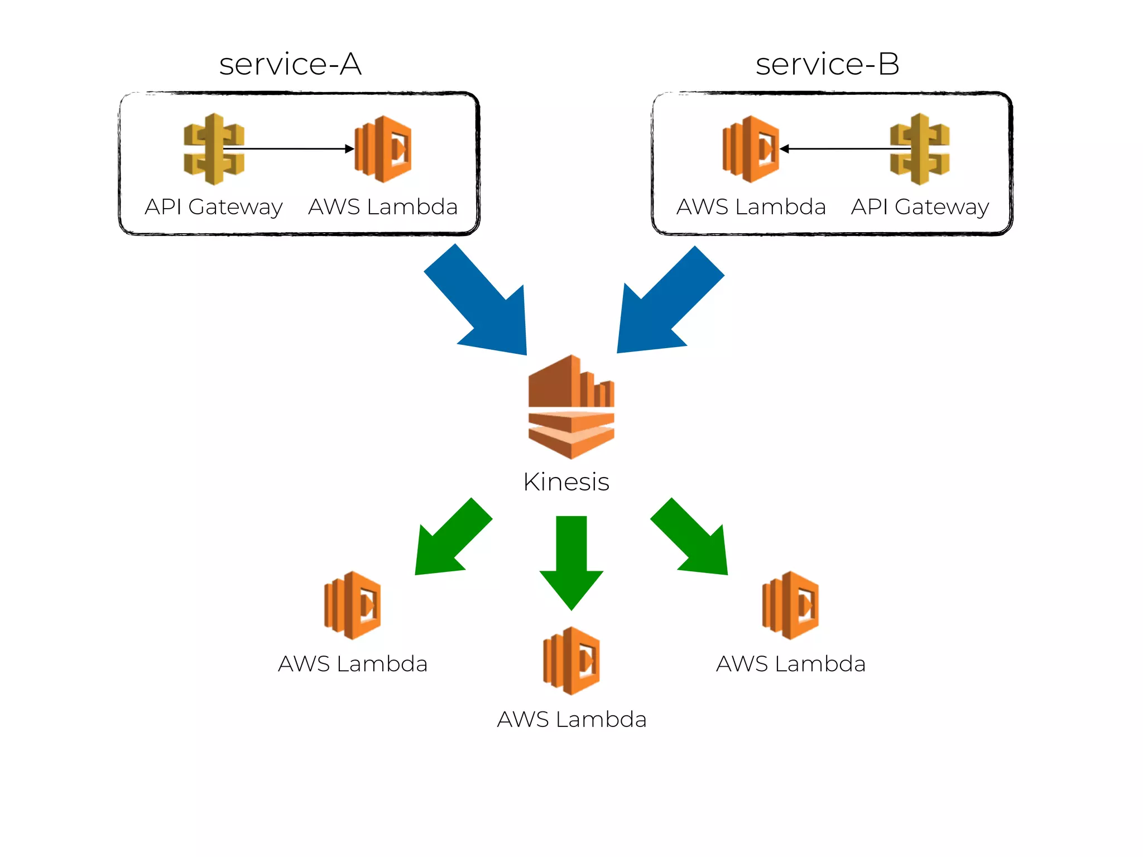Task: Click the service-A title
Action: click(x=290, y=64)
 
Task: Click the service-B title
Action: click(x=827, y=64)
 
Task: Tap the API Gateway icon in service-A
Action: click(x=214, y=149)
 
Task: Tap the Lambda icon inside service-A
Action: click(x=383, y=149)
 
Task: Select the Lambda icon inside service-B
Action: click(x=751, y=149)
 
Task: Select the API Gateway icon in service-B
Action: click(x=920, y=149)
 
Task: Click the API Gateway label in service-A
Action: click(x=214, y=207)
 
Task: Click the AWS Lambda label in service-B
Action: click(x=751, y=207)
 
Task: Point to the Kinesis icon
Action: click(x=571, y=407)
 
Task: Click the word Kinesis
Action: click(x=566, y=482)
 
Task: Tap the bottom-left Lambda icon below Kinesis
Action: click(x=353, y=605)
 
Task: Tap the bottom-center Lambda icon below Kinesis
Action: click(x=571, y=661)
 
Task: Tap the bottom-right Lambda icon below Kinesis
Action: click(x=790, y=605)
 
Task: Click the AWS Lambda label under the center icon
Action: click(x=571, y=720)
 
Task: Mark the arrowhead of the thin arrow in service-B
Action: click(x=784, y=149)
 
